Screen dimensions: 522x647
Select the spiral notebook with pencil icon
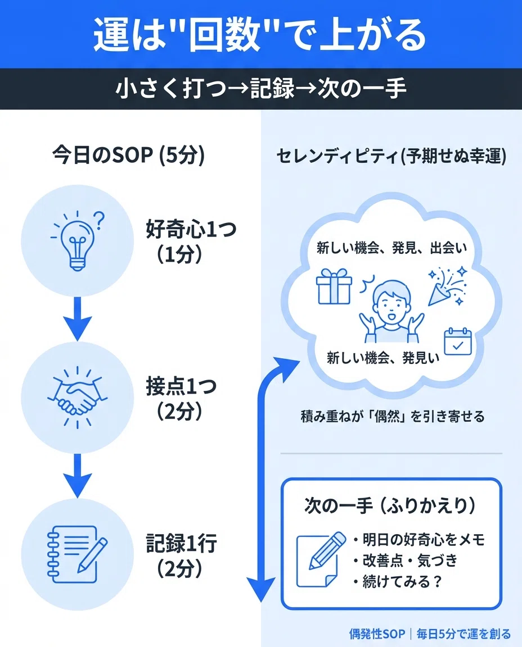coord(77,554)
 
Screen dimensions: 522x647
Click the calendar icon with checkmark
coord(457,341)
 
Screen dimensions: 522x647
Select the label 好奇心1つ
coord(191,229)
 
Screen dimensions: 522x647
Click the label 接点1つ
coord(181,386)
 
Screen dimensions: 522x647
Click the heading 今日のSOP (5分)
coord(129,156)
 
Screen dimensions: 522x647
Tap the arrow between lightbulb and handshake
coord(77,318)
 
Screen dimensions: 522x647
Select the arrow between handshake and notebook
coord(77,476)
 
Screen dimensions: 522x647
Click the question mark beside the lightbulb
coord(99,220)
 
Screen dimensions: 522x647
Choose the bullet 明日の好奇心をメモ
coord(418,539)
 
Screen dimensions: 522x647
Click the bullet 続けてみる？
coord(398,581)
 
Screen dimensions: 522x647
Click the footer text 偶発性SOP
coord(377,634)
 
